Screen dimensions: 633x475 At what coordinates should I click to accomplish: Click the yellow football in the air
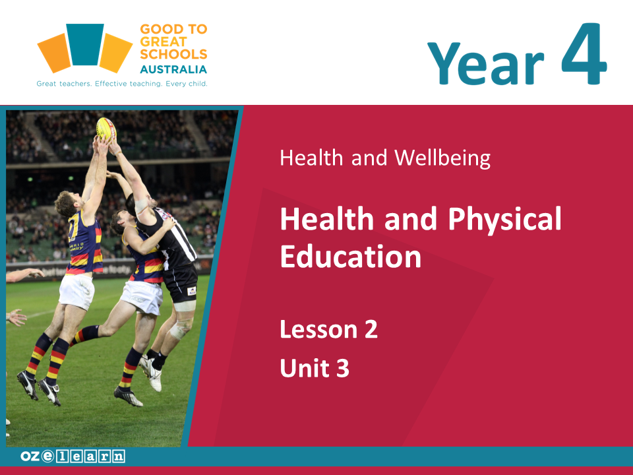point(106,129)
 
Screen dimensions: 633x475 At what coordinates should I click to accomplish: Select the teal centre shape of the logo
point(85,44)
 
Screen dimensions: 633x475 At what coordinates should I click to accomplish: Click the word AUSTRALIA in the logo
point(173,69)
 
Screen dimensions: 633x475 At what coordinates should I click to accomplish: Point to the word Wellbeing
point(442,158)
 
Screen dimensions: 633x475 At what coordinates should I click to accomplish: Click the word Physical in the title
point(504,218)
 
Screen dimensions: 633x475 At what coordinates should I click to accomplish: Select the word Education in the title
point(351,256)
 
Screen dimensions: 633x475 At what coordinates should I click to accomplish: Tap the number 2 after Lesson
point(371,329)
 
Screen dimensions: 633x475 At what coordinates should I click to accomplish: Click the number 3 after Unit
point(343,368)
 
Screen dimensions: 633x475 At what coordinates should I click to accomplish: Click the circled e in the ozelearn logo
point(47,456)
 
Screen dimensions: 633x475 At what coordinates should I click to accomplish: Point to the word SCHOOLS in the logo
point(173,54)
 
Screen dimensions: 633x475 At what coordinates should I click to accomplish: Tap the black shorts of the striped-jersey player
point(181,283)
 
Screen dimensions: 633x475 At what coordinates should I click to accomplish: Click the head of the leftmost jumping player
point(65,204)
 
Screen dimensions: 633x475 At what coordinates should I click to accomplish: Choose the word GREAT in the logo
point(164,42)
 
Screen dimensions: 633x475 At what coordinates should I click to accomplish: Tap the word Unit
point(305,368)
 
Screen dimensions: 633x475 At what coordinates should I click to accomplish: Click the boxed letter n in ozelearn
point(119,457)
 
